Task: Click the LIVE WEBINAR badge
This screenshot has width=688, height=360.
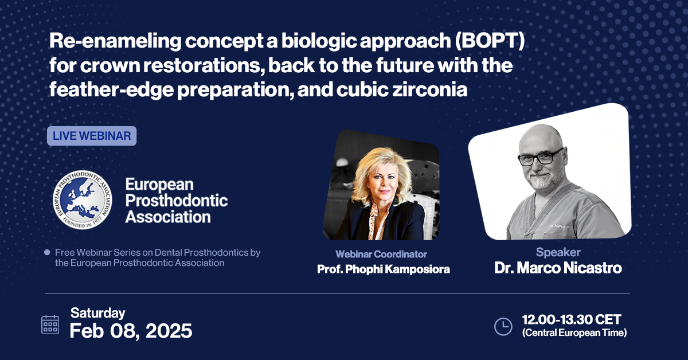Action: [92, 136]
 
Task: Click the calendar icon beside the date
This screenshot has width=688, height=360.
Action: [50, 324]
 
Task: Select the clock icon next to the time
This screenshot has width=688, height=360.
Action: [503, 326]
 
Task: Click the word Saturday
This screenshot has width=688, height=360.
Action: [98, 313]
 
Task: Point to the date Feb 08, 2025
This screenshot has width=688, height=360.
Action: [131, 331]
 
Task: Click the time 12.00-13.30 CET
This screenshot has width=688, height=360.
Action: [572, 319]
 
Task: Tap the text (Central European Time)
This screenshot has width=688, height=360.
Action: [574, 333]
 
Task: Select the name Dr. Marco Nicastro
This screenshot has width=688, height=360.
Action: [558, 268]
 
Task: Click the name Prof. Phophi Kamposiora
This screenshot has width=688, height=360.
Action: [384, 269]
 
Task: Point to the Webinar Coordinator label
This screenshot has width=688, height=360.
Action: [381, 254]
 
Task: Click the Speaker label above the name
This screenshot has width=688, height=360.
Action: [558, 252]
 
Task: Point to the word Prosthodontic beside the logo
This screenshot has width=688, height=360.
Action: [177, 201]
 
